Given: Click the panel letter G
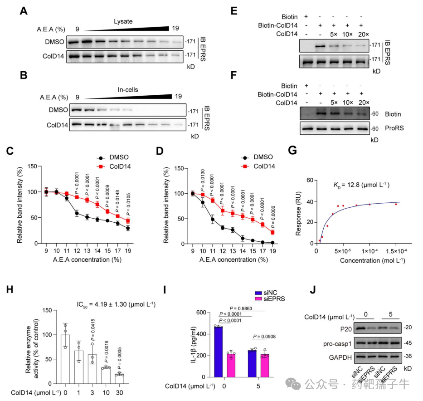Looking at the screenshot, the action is (x=292, y=150).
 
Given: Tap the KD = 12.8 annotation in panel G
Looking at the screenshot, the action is (x=361, y=185).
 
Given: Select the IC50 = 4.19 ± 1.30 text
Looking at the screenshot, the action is (x=116, y=305).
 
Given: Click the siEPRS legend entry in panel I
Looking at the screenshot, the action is (x=270, y=299).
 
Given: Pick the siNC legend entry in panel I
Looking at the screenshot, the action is (x=266, y=293).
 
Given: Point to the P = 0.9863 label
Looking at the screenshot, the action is (x=241, y=308).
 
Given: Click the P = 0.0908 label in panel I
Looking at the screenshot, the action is (x=264, y=337).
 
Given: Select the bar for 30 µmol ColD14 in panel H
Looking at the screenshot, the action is (x=119, y=379).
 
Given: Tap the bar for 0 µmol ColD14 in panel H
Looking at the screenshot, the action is (x=65, y=359).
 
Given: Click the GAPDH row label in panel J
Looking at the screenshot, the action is (x=340, y=357).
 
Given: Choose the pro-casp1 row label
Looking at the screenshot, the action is (x=337, y=344).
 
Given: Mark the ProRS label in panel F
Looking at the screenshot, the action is (x=394, y=128).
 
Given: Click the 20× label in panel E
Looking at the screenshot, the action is (x=363, y=34).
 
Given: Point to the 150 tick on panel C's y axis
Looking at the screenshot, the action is (x=32, y=166).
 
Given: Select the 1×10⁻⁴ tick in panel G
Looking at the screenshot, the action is (x=370, y=251).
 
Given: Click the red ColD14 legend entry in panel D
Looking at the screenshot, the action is (x=258, y=166).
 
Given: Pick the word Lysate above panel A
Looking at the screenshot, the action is (x=123, y=21).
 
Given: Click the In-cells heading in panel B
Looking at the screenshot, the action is (x=127, y=90).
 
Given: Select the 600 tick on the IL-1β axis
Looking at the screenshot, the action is (x=201, y=313).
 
